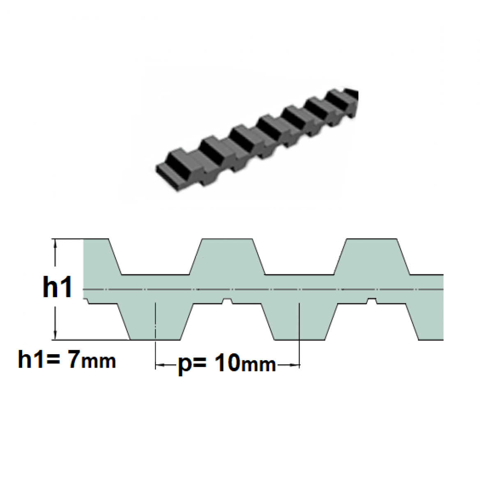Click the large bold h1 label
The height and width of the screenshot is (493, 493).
click(58, 288)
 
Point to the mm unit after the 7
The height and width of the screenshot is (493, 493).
click(99, 361)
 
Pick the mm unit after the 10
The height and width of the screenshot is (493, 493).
click(258, 365)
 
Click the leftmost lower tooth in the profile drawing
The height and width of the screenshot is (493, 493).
click(155, 323)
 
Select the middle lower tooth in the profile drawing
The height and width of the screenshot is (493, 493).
click(300, 323)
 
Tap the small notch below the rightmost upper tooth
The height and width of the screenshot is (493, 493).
click(371, 301)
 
